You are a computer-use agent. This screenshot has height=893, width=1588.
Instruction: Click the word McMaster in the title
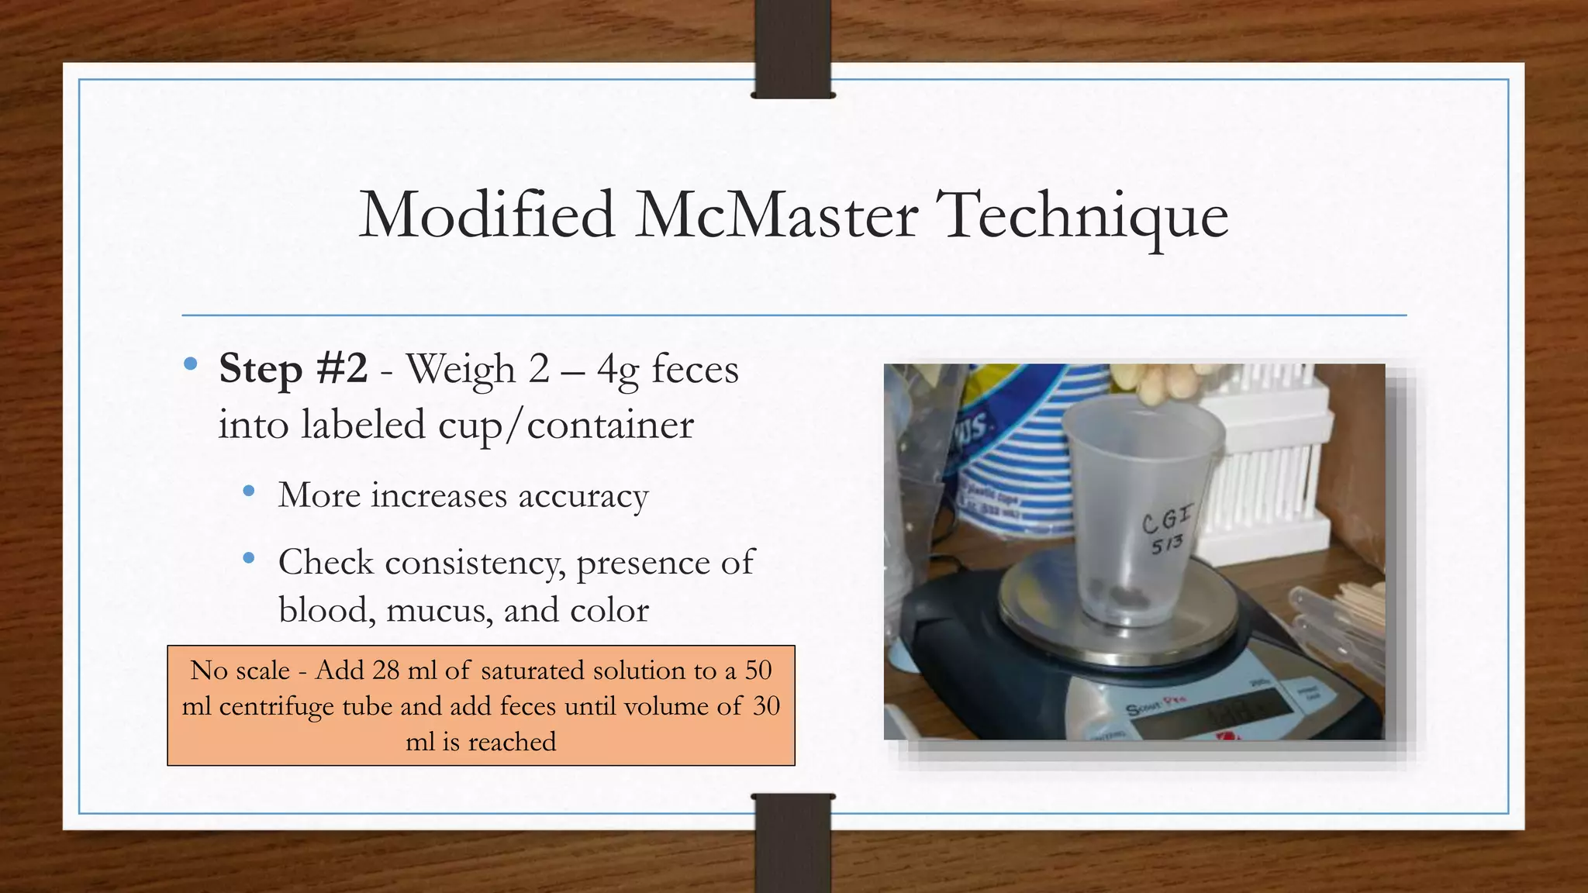[776, 215]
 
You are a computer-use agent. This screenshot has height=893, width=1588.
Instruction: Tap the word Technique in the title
[1082, 216]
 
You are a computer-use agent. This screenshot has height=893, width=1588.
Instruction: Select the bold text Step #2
[293, 368]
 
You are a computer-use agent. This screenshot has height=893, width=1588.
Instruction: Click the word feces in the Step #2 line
[695, 369]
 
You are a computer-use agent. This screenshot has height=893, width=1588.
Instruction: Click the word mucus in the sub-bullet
[440, 611]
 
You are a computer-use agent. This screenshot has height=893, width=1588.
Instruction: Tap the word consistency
[474, 563]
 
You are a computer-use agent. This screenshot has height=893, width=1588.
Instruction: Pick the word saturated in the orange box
[533, 670]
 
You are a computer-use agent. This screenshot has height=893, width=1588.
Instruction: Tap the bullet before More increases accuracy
[248, 491]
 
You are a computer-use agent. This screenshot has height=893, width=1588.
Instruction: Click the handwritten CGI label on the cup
[1167, 519]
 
